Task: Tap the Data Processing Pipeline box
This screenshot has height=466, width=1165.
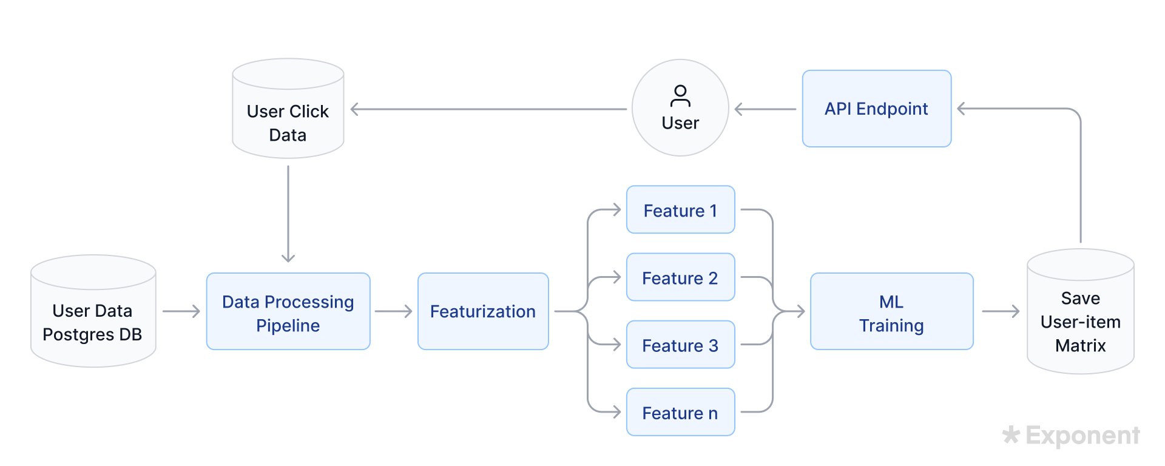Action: click(288, 312)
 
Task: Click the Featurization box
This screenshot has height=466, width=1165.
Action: click(483, 312)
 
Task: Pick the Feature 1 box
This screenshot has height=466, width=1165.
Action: click(680, 210)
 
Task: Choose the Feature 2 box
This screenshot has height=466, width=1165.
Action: click(680, 277)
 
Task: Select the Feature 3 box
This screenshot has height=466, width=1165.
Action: click(680, 345)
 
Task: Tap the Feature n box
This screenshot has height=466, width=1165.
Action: click(680, 412)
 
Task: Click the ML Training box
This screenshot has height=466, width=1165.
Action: click(891, 312)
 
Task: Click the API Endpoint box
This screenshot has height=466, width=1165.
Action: click(876, 109)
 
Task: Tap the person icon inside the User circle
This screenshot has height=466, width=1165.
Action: click(680, 95)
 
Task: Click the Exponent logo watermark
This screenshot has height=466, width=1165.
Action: click(1071, 435)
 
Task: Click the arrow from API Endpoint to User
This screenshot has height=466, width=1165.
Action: click(765, 109)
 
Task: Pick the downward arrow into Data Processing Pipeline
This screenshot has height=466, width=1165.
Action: click(288, 212)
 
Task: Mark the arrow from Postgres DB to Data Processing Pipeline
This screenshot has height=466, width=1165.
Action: click(181, 311)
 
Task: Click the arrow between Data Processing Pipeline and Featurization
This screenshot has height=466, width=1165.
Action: click(393, 311)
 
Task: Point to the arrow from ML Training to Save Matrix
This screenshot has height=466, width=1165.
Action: click(1000, 311)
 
